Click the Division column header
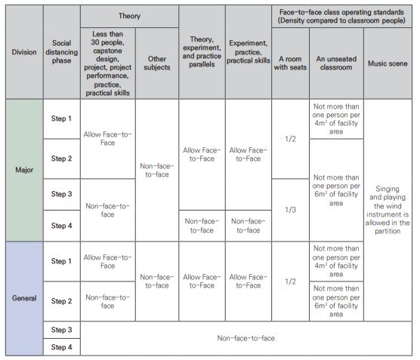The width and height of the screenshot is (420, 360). (x=23, y=52)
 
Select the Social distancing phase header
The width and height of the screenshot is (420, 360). (x=61, y=52)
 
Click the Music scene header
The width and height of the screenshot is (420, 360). (x=388, y=63)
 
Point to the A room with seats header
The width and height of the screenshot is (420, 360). (x=290, y=63)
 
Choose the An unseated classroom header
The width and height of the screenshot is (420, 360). (x=336, y=63)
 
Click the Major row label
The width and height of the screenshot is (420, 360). (x=23, y=170)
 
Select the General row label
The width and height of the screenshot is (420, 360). (x=23, y=299)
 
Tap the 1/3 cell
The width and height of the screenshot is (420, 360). (x=290, y=210)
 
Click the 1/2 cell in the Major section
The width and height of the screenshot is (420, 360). (x=290, y=139)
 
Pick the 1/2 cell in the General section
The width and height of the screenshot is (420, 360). (x=290, y=282)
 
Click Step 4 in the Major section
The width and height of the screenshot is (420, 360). (x=61, y=226)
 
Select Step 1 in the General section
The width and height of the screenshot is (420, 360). (x=61, y=261)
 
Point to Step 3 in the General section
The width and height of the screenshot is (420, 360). (x=61, y=330)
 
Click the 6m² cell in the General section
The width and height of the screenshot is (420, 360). (x=336, y=301)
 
